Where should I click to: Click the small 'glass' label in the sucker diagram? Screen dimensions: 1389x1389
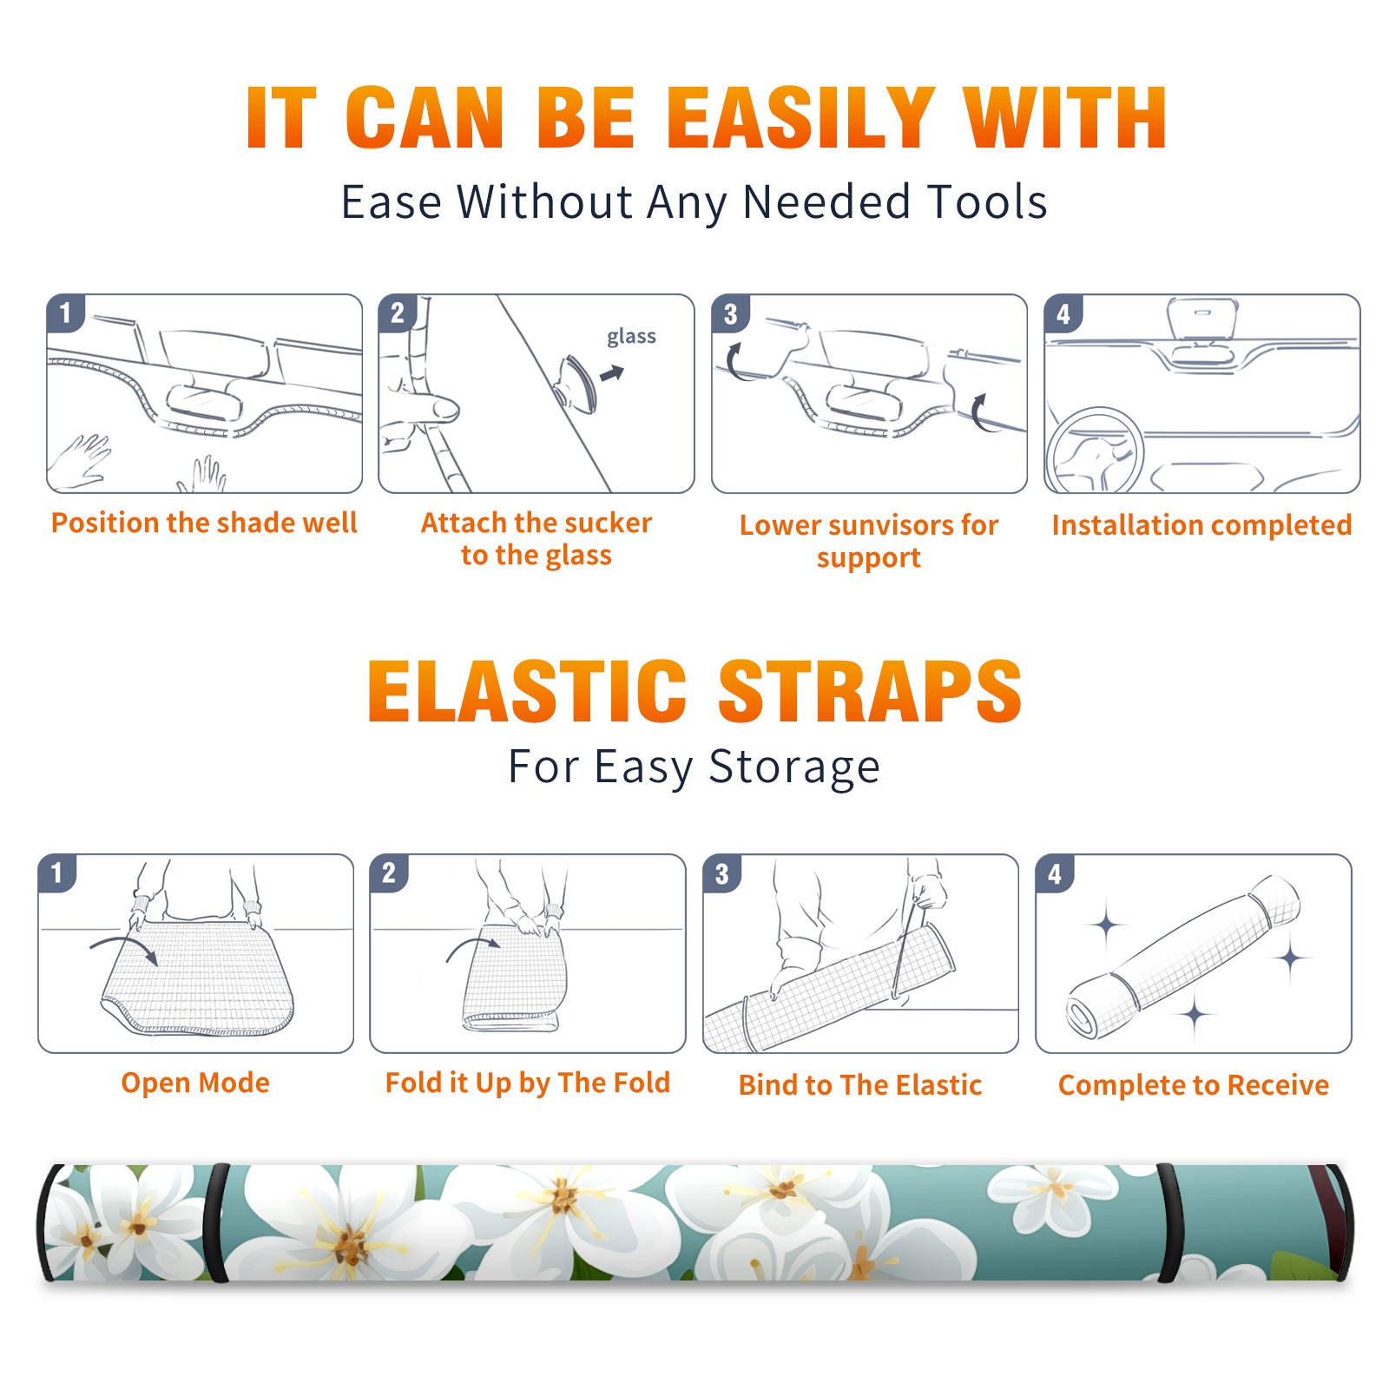631,337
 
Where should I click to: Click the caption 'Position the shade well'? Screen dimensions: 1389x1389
204,523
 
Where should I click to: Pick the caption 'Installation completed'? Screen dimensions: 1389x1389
1201,524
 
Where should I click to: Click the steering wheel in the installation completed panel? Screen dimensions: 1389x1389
1096,451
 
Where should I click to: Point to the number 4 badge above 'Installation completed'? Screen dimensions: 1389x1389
1063,313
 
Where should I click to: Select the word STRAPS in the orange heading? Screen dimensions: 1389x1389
870,691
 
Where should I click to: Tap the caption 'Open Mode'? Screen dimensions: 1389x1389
195,1083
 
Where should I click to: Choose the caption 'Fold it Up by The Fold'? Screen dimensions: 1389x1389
528,1083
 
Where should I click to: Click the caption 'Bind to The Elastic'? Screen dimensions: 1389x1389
860,1085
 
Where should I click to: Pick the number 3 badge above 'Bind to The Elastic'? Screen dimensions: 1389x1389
722,873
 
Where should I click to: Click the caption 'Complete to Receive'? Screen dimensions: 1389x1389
1194,1085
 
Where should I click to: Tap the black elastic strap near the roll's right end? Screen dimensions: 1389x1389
1169,1223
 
